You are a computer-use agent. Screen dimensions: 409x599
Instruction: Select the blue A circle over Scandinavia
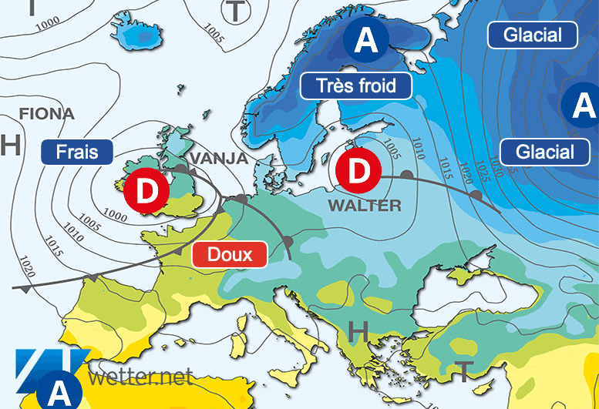click(x=365, y=40)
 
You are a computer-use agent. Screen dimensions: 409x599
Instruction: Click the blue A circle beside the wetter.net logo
click(x=59, y=391)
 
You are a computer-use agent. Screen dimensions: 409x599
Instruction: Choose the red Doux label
click(x=230, y=254)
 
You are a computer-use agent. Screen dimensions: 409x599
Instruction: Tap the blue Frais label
click(x=77, y=152)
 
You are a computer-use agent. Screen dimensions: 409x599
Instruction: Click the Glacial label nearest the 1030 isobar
click(x=536, y=151)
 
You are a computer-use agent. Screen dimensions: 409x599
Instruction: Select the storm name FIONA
click(x=46, y=114)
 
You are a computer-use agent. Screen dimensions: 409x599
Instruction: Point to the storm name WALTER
click(x=364, y=206)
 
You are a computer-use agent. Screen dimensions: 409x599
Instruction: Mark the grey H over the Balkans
click(x=358, y=331)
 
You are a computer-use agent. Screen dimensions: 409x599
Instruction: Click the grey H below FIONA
click(x=9, y=145)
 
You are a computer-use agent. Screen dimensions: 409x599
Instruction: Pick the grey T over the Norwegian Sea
click(x=235, y=12)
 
